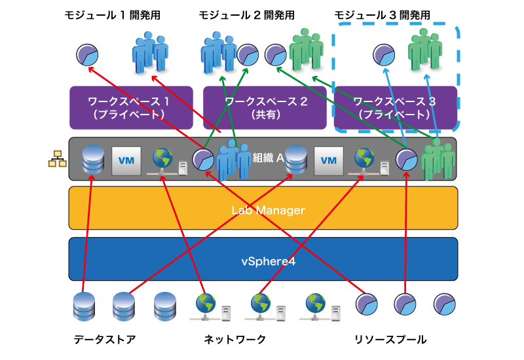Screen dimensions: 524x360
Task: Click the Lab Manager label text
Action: click(269, 210)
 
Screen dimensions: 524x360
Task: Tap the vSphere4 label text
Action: click(269, 261)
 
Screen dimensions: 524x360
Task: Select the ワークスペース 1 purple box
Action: click(131, 107)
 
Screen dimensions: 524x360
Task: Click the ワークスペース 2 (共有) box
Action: click(265, 107)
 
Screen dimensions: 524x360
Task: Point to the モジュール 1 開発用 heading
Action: click(112, 15)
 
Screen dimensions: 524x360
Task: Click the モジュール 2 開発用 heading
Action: click(247, 15)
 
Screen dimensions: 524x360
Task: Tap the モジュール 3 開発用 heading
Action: click(383, 15)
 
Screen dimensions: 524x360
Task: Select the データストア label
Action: click(105, 339)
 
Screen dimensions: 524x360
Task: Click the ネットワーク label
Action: click(234, 339)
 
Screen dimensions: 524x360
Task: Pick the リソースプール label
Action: click(390, 339)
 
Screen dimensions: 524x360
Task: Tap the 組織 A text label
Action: click(268, 157)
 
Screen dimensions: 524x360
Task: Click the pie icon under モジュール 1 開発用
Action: click(87, 55)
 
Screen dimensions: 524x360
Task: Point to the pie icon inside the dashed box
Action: click(384, 55)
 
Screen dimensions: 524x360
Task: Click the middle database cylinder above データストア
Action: click(124, 306)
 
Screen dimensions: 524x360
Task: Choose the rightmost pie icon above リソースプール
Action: click(445, 304)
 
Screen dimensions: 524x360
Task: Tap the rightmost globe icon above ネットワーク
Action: click(320, 307)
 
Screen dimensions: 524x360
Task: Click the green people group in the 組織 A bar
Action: click(438, 159)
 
